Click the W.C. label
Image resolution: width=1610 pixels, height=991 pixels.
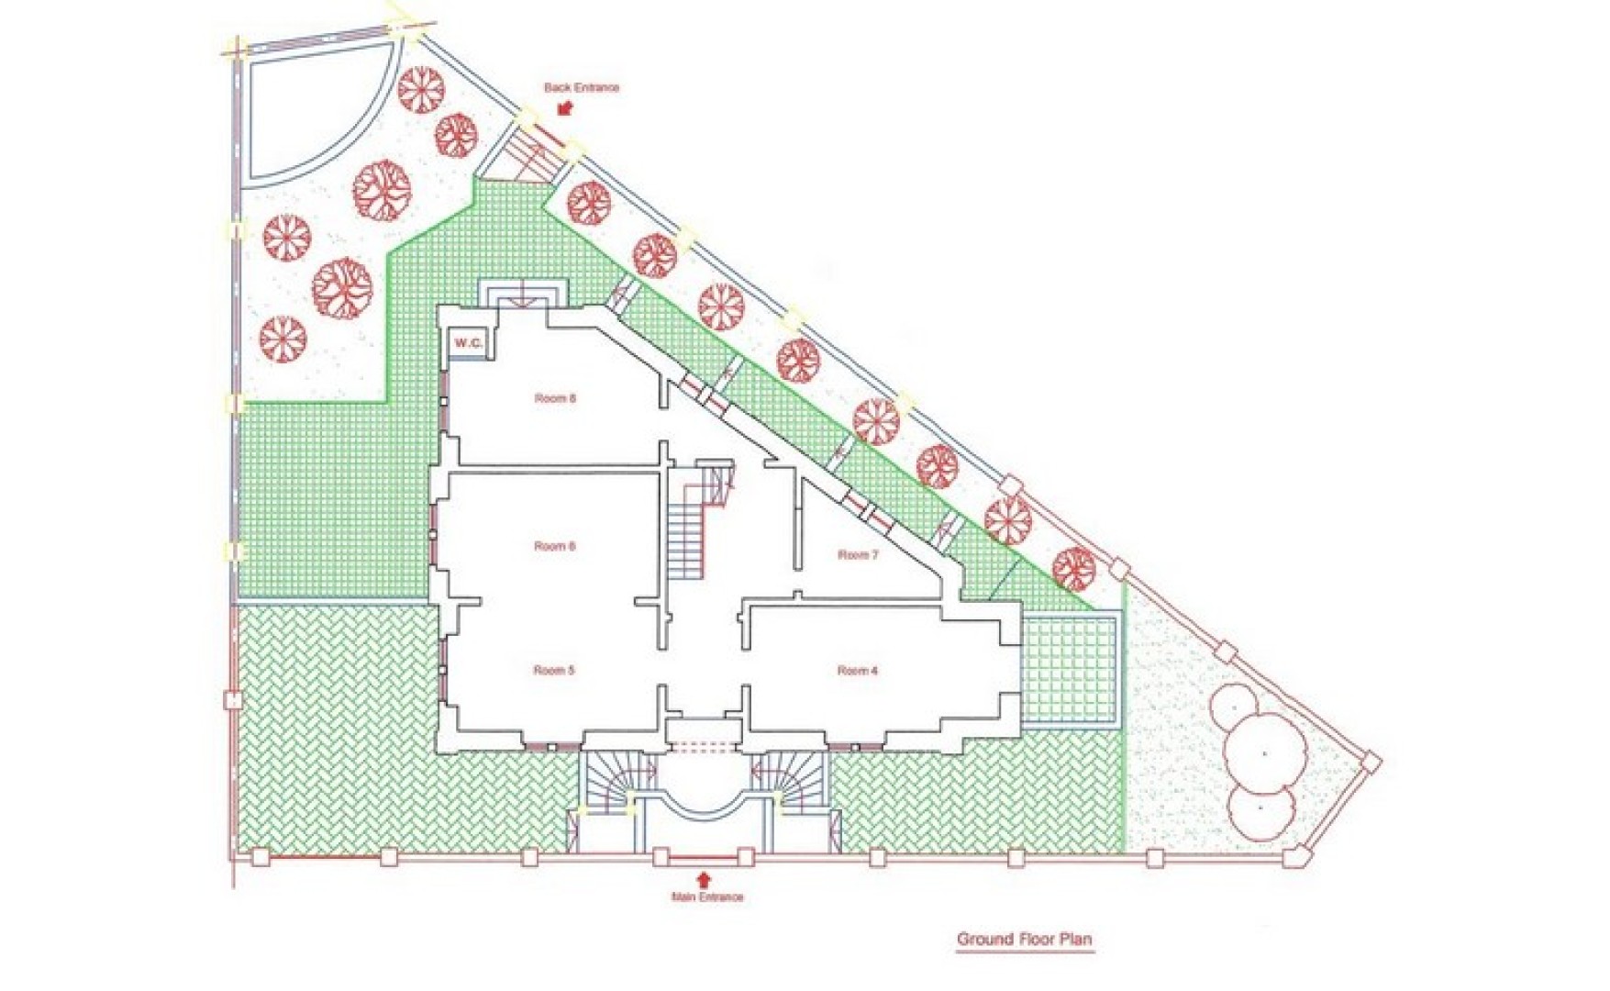[468, 343]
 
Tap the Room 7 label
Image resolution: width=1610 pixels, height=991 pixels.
[858, 555]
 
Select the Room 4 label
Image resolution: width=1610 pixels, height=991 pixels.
[858, 671]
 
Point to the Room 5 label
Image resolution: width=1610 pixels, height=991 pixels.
[554, 671]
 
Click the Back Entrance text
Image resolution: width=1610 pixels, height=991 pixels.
[582, 88]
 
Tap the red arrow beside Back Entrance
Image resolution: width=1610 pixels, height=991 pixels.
[565, 108]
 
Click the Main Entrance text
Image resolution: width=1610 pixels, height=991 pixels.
[707, 896]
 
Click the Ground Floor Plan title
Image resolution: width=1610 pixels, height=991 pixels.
[1025, 939]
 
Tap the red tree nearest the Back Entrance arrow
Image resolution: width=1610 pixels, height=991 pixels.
[588, 203]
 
